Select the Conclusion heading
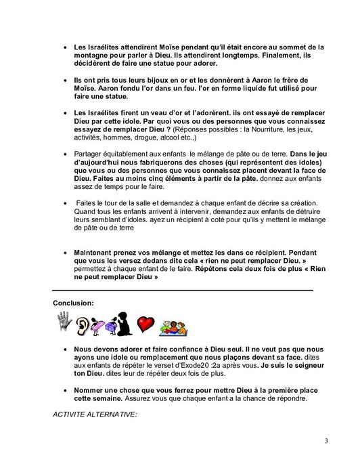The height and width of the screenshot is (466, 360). click(x=73, y=303)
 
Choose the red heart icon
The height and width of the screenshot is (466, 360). click(x=146, y=324)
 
